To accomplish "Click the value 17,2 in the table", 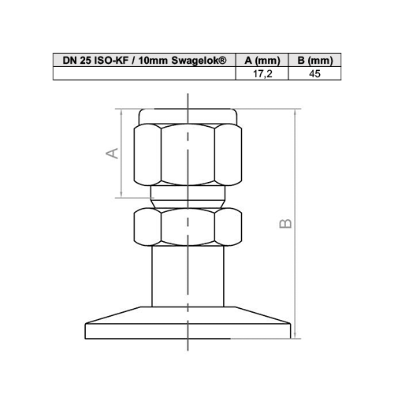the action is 262,74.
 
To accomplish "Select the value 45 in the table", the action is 314,74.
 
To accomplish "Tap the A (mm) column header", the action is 262,61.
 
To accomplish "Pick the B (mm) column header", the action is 315,61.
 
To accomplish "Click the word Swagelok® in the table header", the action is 199,60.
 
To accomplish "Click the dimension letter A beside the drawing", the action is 112,153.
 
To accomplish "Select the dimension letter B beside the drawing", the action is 285,223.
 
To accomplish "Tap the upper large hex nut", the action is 188,154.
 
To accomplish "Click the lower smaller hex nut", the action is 188,226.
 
